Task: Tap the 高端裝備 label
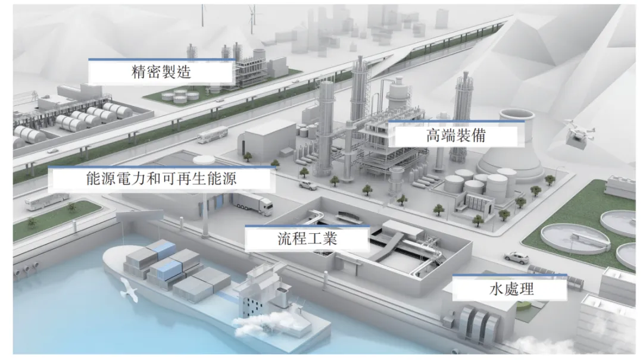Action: point(456,135)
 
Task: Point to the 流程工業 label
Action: point(307,239)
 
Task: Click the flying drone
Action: point(578,132)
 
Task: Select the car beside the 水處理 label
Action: point(516,258)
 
